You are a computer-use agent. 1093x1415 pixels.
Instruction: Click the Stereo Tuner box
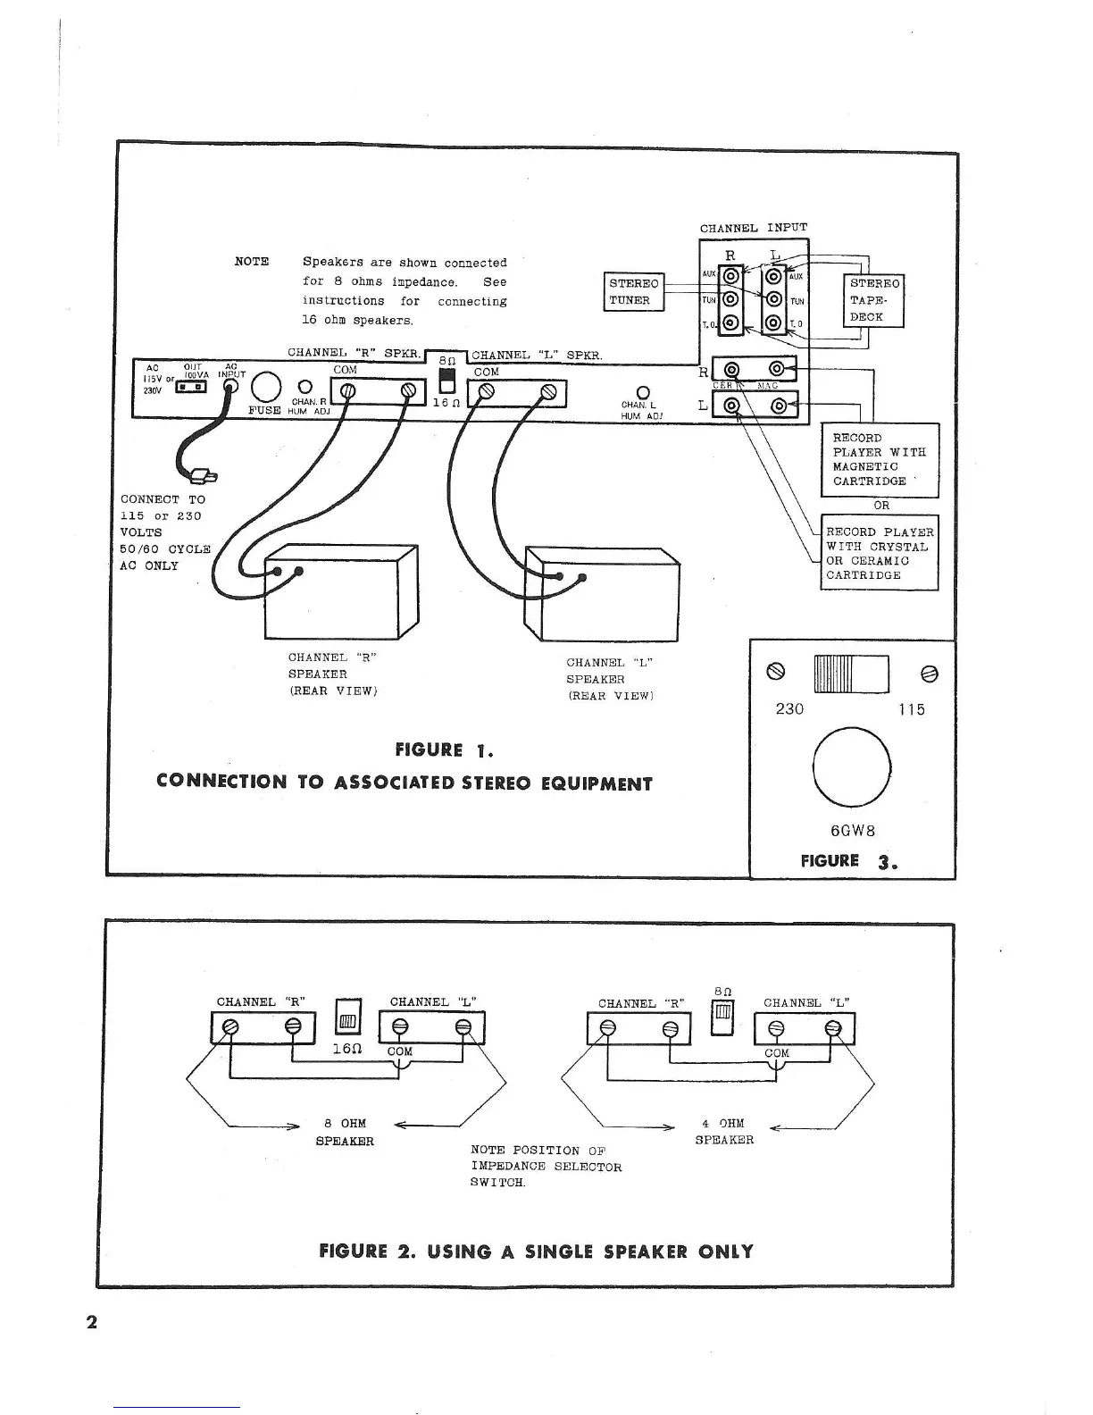[633, 292]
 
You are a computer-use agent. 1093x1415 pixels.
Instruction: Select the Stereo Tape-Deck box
[873, 300]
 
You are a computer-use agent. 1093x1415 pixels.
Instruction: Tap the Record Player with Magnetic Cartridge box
[880, 459]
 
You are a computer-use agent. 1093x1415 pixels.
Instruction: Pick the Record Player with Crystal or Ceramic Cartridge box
[880, 553]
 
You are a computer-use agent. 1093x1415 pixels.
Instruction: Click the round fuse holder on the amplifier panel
[265, 388]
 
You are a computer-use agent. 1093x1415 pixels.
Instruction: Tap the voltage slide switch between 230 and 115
[851, 674]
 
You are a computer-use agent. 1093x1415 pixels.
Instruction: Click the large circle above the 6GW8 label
[852, 769]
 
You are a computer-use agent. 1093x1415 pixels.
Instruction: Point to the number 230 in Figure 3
[789, 709]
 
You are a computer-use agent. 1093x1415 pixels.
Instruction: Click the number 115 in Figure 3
[912, 710]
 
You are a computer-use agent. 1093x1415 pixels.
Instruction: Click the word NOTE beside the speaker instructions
[252, 262]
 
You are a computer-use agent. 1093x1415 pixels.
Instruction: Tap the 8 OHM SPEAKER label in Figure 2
[345, 1132]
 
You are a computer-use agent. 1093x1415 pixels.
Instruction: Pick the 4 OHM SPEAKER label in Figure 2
[724, 1131]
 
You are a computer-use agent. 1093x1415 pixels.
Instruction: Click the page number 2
[91, 1322]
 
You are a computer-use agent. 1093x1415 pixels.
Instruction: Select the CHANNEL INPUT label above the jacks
[753, 228]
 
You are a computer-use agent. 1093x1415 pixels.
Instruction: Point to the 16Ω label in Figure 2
[346, 1048]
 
